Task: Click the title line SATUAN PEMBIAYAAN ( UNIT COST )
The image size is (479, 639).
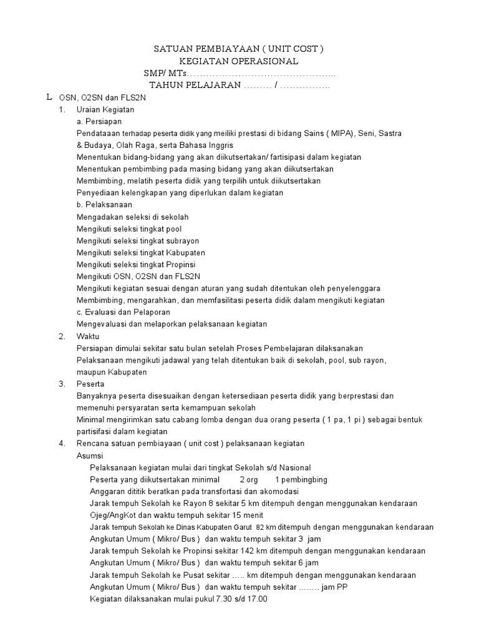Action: [x=239, y=49]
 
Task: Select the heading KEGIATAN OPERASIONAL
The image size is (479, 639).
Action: [x=239, y=61]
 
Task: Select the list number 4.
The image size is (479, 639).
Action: [x=62, y=444]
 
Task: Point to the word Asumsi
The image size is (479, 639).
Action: [x=90, y=456]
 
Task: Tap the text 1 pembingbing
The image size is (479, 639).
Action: [x=301, y=479]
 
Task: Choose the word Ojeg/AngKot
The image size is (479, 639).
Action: [x=115, y=515]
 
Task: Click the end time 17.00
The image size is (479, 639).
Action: [x=256, y=599]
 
